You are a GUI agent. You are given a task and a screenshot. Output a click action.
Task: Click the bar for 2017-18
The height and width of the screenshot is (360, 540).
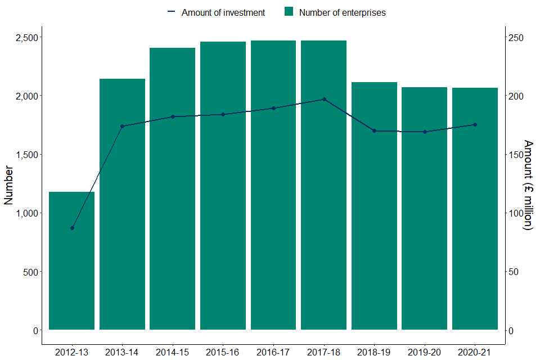coord(323,185)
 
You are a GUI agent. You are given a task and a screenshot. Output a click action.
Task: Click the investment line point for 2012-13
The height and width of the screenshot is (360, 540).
coord(72,228)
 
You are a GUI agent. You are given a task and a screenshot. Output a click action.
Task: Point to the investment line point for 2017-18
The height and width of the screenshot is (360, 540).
coord(324,99)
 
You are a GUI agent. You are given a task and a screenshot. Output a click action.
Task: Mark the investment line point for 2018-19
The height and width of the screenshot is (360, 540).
coord(374,131)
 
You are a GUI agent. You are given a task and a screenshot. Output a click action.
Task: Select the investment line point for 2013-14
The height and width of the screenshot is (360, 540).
coord(122,126)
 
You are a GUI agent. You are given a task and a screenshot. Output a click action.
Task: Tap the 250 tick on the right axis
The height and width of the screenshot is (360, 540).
coord(517,38)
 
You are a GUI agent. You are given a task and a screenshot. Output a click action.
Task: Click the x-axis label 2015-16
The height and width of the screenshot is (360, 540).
coord(223,352)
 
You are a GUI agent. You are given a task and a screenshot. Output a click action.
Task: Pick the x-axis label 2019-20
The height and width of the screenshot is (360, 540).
coord(425,352)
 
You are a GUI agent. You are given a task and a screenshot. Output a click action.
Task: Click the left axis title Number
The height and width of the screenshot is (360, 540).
coord(9,184)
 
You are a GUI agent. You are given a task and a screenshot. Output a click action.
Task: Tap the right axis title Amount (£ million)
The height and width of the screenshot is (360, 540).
coord(528,185)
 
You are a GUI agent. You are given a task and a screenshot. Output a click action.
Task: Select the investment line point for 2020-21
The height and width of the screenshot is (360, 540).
coord(475,124)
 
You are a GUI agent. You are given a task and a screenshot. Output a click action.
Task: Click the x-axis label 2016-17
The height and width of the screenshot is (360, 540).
coord(273,352)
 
